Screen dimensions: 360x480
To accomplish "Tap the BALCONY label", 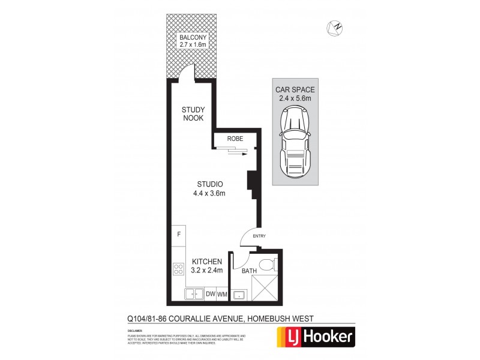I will click(193, 38).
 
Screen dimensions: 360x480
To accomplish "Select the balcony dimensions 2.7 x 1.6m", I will click(193, 46).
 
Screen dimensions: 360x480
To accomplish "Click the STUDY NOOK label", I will click(193, 113).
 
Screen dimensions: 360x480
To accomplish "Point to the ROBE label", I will click(235, 139).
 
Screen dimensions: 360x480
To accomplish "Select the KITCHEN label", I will click(207, 262).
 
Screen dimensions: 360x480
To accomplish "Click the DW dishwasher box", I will click(210, 293).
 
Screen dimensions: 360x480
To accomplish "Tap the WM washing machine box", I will click(222, 293).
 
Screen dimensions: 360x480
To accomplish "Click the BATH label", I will click(249, 272).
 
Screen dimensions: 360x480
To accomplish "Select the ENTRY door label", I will click(259, 236).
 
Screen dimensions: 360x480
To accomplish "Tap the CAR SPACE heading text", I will click(296, 89).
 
